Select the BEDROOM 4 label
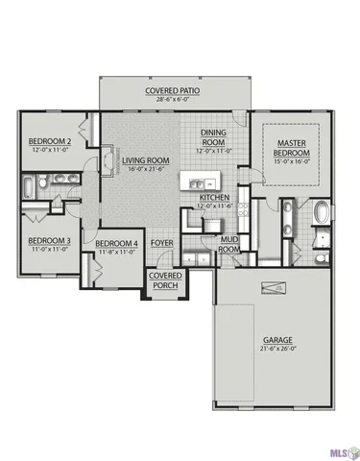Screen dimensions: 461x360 tap(116, 244)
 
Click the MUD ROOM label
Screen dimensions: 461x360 tap(229, 243)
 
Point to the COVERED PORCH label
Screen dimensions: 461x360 tap(161, 281)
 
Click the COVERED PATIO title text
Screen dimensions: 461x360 tap(172, 91)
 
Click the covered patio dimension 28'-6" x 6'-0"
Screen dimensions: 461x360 tap(172, 101)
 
